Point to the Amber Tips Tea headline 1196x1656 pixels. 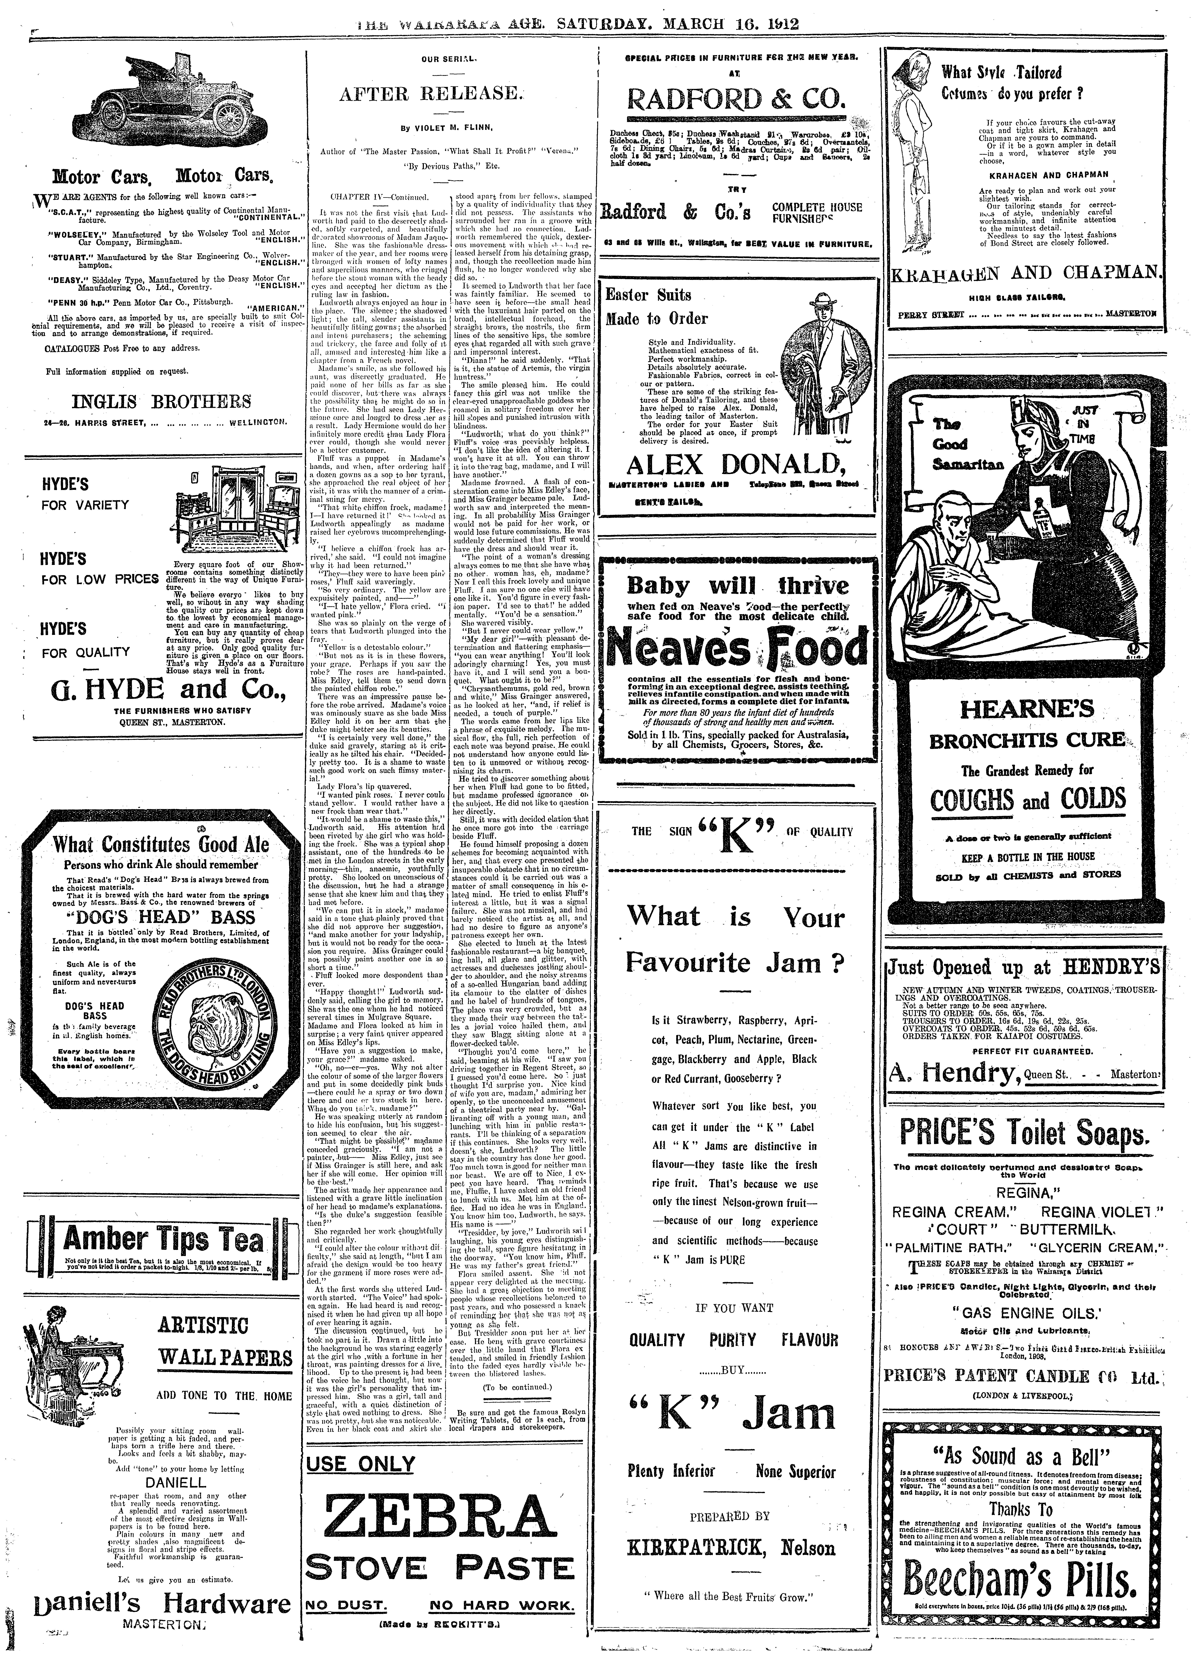click(x=164, y=1238)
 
